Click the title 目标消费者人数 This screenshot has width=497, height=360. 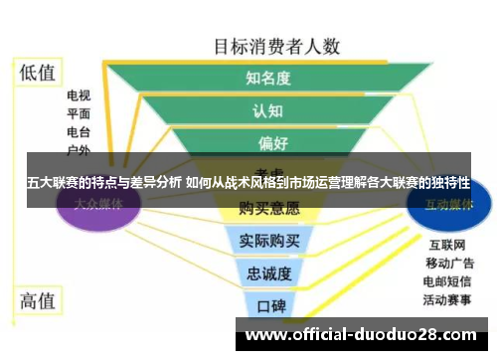coord(277,46)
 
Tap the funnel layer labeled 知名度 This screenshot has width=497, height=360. coord(268,78)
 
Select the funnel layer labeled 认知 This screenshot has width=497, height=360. coord(268,109)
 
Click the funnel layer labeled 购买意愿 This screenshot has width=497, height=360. coord(268,209)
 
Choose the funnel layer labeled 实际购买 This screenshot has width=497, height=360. coord(268,240)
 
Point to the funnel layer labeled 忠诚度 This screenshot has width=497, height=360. coord(268,272)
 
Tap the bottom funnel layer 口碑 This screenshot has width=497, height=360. coord(269,304)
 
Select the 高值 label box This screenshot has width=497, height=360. coord(39,299)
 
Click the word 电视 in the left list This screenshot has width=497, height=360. coord(79,96)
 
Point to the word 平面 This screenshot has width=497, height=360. coord(79,113)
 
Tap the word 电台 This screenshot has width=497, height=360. coord(79,131)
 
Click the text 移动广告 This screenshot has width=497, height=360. coord(449,263)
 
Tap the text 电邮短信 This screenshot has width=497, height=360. coord(449,280)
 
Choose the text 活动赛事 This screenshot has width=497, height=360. coord(449,298)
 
